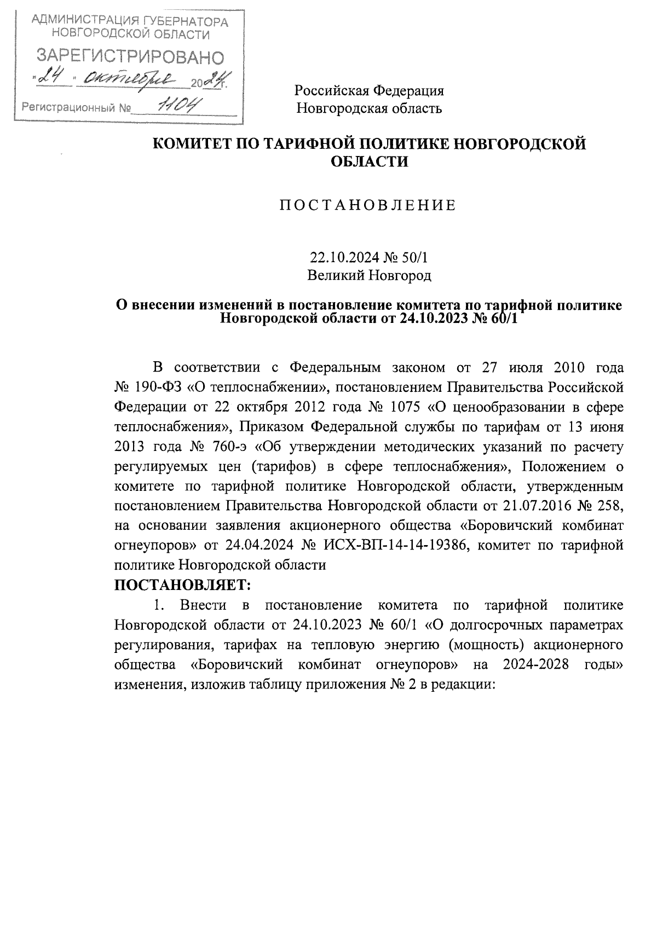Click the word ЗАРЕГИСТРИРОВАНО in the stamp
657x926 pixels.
130,56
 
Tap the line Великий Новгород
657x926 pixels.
369,275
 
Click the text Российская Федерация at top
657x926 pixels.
369,91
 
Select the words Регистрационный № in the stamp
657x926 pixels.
77,107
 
